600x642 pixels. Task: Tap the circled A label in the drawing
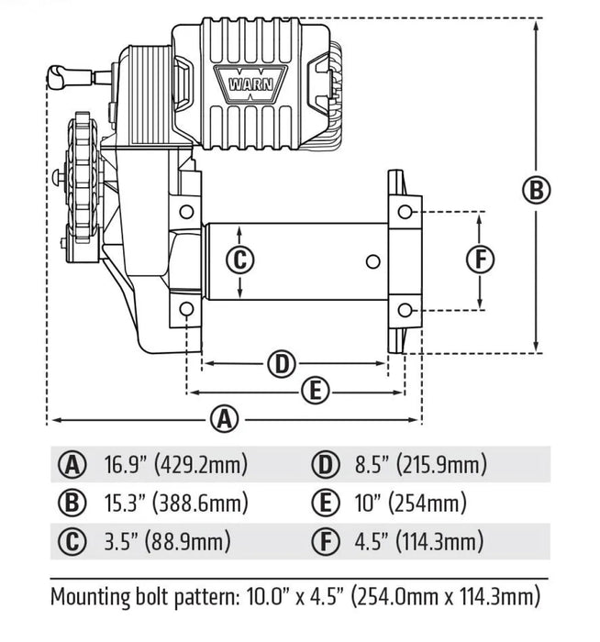[224, 419]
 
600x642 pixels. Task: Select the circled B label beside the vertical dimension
[536, 191]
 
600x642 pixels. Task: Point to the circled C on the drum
[239, 260]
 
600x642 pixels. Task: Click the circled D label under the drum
[283, 364]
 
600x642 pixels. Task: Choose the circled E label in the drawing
[314, 392]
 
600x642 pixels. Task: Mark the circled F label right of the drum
[480, 260]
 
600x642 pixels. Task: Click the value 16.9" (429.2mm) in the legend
[175, 465]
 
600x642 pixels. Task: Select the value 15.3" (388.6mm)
[175, 503]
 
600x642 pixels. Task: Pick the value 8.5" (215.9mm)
[421, 465]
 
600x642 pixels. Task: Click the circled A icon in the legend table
[70, 465]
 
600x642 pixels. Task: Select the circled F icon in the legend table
[324, 540]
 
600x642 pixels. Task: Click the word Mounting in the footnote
[94, 598]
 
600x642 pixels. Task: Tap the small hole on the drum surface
[372, 261]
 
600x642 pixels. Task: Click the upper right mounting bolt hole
[406, 213]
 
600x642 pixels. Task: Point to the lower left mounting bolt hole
[186, 309]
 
